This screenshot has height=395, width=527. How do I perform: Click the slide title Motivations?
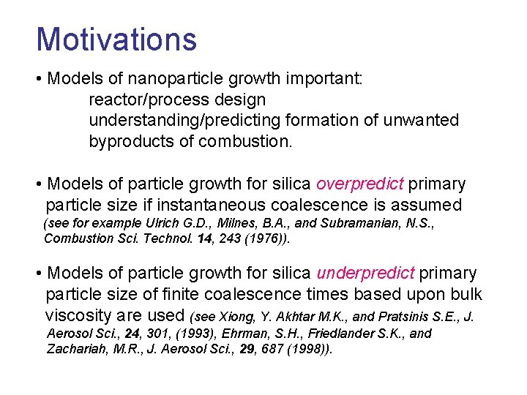pos(116,39)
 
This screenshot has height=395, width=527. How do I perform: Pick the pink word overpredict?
pos(361,184)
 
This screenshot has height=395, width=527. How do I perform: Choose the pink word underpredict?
pos(365,274)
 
